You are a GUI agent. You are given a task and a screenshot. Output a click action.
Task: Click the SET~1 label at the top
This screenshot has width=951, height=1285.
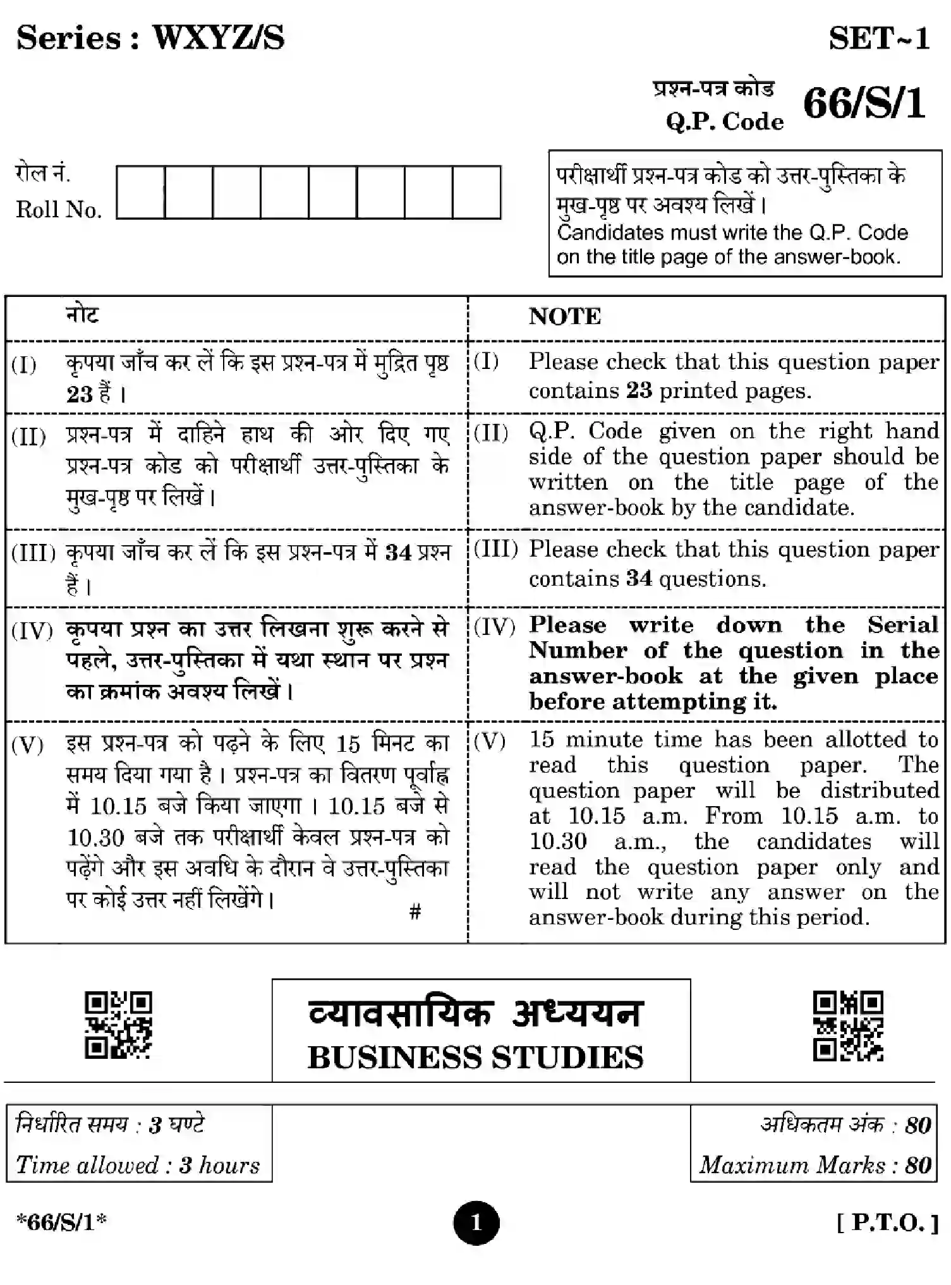[879, 39]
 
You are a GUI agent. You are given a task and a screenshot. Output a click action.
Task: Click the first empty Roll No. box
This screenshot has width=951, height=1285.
[140, 192]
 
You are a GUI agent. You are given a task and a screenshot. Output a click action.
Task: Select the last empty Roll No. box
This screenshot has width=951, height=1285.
[476, 192]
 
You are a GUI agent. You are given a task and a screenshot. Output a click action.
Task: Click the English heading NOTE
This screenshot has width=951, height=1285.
[564, 317]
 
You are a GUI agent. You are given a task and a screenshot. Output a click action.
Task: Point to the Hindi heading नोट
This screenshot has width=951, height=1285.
[83, 314]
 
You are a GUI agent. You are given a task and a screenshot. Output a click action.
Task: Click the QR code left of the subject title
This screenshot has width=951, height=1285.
[119, 1025]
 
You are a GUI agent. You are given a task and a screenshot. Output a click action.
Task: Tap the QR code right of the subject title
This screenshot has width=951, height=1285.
[847, 1026]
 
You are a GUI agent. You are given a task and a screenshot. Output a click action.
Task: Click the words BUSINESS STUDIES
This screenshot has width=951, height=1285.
[475, 1058]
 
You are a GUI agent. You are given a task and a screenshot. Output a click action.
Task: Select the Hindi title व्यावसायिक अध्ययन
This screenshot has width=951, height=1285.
[475, 1014]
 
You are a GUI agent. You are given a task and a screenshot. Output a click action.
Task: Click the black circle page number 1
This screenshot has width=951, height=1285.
[476, 1222]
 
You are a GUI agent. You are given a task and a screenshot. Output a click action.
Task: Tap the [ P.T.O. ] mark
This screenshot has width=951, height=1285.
[887, 1222]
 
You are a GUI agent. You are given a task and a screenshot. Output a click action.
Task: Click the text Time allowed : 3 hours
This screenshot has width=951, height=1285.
[138, 1164]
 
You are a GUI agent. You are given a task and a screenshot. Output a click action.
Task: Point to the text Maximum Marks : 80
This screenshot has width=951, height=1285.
[815, 1164]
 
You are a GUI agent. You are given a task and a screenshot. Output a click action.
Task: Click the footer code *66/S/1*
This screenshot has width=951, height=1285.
[61, 1222]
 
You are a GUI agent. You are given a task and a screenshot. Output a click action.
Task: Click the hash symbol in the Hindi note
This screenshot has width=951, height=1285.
[415, 911]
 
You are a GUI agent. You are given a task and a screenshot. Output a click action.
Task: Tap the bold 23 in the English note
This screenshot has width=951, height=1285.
[639, 390]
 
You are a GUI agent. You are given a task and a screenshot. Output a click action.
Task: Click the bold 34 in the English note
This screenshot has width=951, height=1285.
[639, 578]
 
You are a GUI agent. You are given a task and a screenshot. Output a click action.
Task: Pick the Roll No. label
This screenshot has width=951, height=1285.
[59, 210]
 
